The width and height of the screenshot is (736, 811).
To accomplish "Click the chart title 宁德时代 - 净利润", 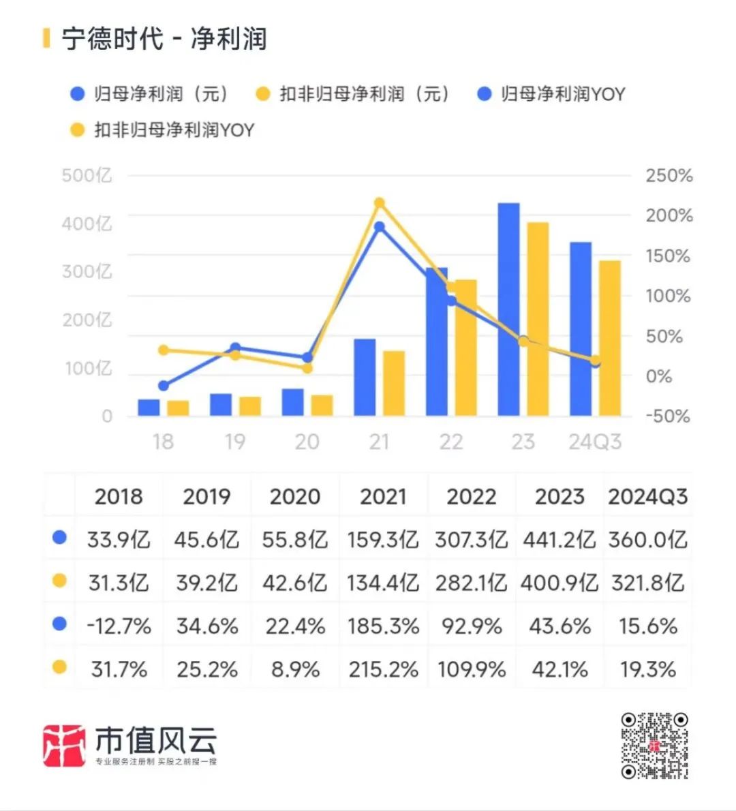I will tap(164, 39).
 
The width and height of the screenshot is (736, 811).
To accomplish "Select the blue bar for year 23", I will tap(508, 310).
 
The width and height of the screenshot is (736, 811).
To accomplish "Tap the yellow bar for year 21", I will tap(394, 384).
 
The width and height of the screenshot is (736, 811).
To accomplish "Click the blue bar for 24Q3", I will tap(581, 329).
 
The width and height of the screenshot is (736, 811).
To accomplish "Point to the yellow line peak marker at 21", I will tap(380, 203).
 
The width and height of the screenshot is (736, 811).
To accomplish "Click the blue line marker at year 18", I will tap(163, 386).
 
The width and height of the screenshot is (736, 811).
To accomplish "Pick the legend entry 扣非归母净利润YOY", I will tap(164, 129).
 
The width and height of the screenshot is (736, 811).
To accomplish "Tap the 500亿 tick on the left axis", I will tap(87, 176).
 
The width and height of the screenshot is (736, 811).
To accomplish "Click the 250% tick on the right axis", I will tap(669, 176).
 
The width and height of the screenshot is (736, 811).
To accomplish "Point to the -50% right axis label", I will tap(667, 416).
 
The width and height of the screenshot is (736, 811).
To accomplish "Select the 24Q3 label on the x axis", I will tap(595, 442).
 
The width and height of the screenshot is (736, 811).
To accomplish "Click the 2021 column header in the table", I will tap(383, 496).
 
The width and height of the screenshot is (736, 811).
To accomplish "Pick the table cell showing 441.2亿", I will tap(559, 540).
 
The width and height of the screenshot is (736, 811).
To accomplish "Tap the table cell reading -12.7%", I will tap(119, 626).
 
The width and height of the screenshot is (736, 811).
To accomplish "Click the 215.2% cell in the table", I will tap(383, 669).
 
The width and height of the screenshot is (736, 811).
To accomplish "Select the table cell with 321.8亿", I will tap(647, 583).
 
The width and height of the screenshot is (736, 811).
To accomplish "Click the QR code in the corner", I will tap(654, 746).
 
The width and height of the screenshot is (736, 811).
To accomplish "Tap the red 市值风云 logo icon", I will tap(64, 746).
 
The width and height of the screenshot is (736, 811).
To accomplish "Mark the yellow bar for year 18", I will tap(178, 408).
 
